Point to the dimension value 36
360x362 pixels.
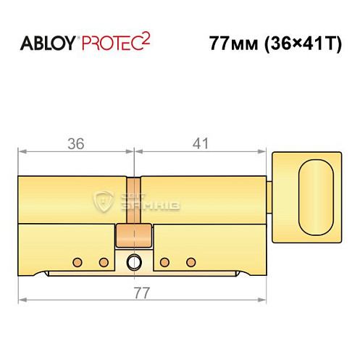[75, 143]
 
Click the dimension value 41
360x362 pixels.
[201, 143]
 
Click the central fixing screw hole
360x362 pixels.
[133, 261]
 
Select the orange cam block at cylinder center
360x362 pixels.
[133, 235]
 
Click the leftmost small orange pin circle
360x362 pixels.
[77, 261]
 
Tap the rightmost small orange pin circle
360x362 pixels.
[191, 261]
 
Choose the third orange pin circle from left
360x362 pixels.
[164, 261]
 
